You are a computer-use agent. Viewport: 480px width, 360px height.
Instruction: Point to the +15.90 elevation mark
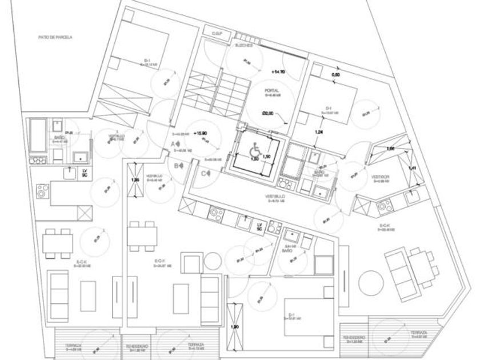(x=201, y=133)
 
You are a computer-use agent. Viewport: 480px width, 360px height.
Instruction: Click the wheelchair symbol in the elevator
(x=255, y=150)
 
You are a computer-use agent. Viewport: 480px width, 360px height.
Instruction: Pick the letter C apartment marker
(x=203, y=173)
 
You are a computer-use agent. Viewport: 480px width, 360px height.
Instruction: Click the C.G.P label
(x=217, y=34)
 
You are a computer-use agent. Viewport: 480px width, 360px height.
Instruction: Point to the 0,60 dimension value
(x=337, y=75)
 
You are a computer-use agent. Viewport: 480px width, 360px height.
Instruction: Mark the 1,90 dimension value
(x=234, y=327)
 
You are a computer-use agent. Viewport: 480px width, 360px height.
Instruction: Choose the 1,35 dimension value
(x=135, y=180)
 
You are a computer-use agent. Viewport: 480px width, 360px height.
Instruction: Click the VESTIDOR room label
(x=380, y=177)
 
